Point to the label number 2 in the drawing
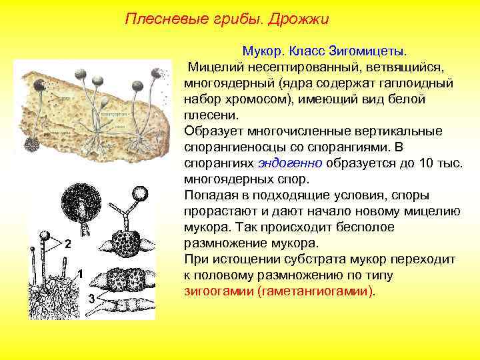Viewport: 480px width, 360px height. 67,243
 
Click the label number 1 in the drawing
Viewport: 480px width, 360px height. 79,274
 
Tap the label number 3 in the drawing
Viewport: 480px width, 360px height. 91,297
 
